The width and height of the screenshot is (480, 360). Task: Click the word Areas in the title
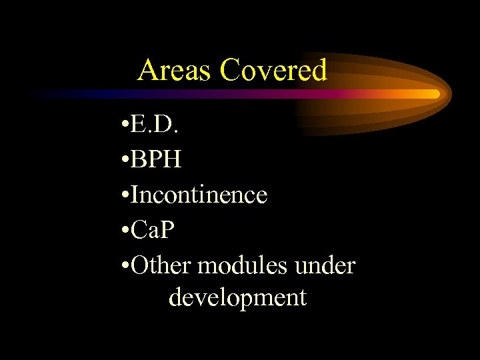(175, 70)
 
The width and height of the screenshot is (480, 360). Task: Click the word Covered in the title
(273, 70)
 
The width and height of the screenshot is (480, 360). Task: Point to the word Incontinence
(199, 195)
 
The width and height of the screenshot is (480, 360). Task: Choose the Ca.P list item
(155, 230)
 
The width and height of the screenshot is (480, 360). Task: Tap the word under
(331, 265)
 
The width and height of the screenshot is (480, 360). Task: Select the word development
(238, 297)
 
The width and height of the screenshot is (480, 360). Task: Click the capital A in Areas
(147, 70)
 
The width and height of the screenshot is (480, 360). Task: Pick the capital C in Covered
(229, 70)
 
